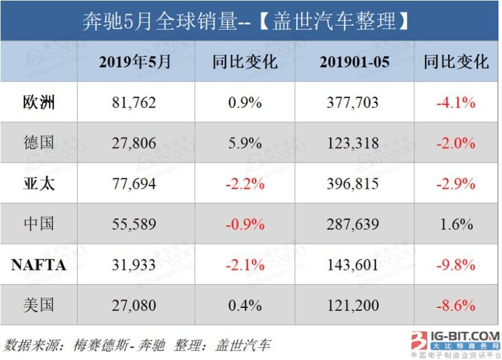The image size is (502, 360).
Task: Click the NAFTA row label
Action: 38,265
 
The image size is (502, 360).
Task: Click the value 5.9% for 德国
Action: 245,142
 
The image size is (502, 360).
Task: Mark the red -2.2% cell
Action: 245,183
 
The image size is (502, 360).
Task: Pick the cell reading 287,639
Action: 352,224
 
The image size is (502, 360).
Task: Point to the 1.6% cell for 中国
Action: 456,224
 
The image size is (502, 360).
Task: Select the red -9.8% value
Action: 456,265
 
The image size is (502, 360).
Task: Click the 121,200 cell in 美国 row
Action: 352,305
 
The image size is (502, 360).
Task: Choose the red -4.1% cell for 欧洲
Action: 456,102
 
